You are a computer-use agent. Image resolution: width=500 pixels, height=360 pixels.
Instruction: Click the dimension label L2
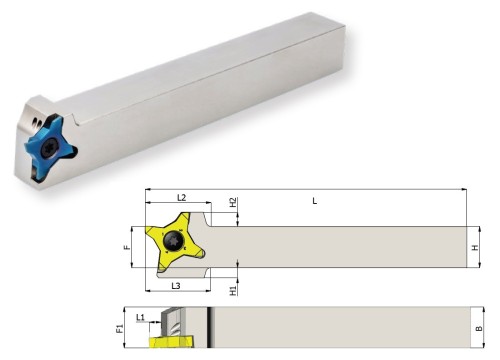(x=181, y=198)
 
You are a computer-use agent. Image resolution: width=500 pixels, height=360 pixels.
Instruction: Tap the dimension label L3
(x=176, y=286)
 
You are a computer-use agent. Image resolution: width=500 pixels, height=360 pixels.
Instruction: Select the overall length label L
(x=315, y=201)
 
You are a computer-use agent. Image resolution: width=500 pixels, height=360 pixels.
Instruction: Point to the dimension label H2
(x=233, y=202)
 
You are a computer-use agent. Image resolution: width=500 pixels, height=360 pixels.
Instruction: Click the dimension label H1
(x=233, y=291)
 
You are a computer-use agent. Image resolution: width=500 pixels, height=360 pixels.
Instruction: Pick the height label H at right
(x=475, y=248)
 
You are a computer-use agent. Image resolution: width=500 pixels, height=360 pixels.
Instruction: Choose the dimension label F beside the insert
(x=127, y=247)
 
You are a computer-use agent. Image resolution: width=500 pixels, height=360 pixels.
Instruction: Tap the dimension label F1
(x=120, y=328)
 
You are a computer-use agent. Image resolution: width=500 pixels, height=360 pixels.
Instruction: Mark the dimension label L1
(x=140, y=317)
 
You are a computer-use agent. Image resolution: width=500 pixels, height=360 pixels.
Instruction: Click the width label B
(x=479, y=329)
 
